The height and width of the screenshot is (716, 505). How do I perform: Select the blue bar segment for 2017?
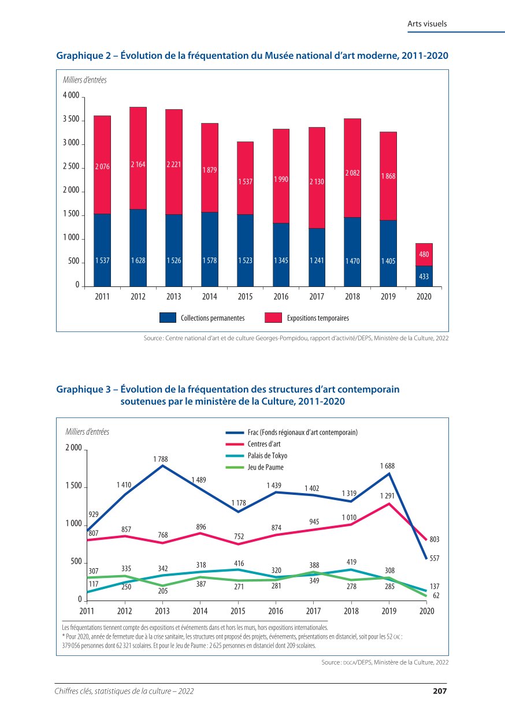click(317, 257)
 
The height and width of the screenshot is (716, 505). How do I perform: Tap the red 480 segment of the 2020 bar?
click(424, 254)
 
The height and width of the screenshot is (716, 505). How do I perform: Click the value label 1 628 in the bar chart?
click(138, 261)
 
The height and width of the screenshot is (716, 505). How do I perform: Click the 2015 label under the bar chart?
click(246, 297)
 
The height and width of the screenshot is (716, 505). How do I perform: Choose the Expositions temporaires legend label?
click(318, 318)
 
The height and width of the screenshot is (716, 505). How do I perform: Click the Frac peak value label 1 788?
click(161, 459)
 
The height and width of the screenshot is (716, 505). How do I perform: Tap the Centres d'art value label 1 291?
click(387, 495)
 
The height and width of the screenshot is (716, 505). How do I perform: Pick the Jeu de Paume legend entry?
click(265, 468)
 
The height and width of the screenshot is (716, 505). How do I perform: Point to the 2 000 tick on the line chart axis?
click(73, 448)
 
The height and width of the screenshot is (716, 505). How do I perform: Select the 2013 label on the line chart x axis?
click(162, 611)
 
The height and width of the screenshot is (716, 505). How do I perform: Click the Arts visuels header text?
click(427, 24)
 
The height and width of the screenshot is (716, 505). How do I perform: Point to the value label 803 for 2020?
click(435, 539)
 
